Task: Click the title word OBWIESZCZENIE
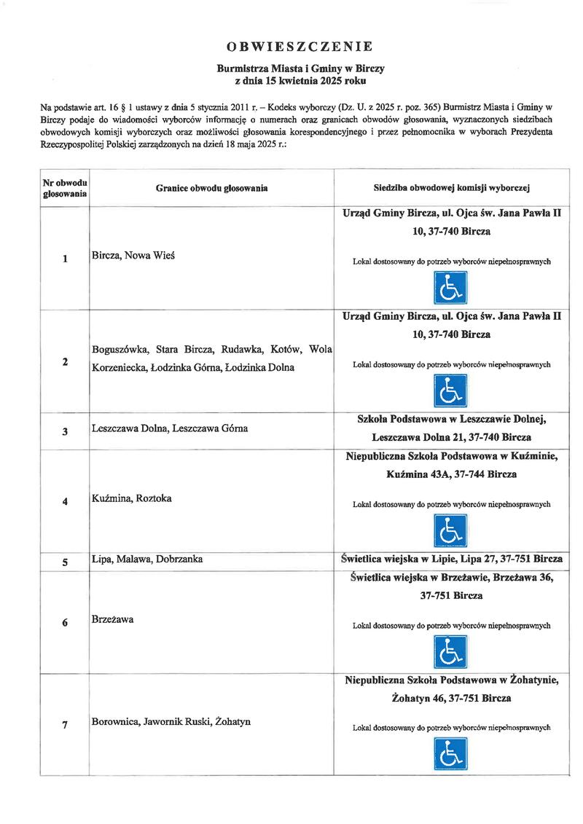tap(300, 47)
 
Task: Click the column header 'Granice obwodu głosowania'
tap(211, 188)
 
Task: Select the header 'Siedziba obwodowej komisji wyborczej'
tap(452, 188)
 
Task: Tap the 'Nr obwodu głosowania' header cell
tap(65, 188)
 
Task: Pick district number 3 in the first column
tap(65, 431)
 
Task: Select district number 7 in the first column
tap(65, 724)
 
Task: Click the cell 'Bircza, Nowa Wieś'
tap(136, 256)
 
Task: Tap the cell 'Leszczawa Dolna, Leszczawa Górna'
tap(170, 428)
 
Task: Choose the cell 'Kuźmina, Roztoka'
tap(131, 499)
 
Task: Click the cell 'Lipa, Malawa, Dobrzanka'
tap(146, 560)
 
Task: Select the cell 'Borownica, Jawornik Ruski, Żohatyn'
tap(171, 721)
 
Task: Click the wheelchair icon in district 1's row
tap(451, 289)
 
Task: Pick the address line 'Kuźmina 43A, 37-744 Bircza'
tap(451, 474)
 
